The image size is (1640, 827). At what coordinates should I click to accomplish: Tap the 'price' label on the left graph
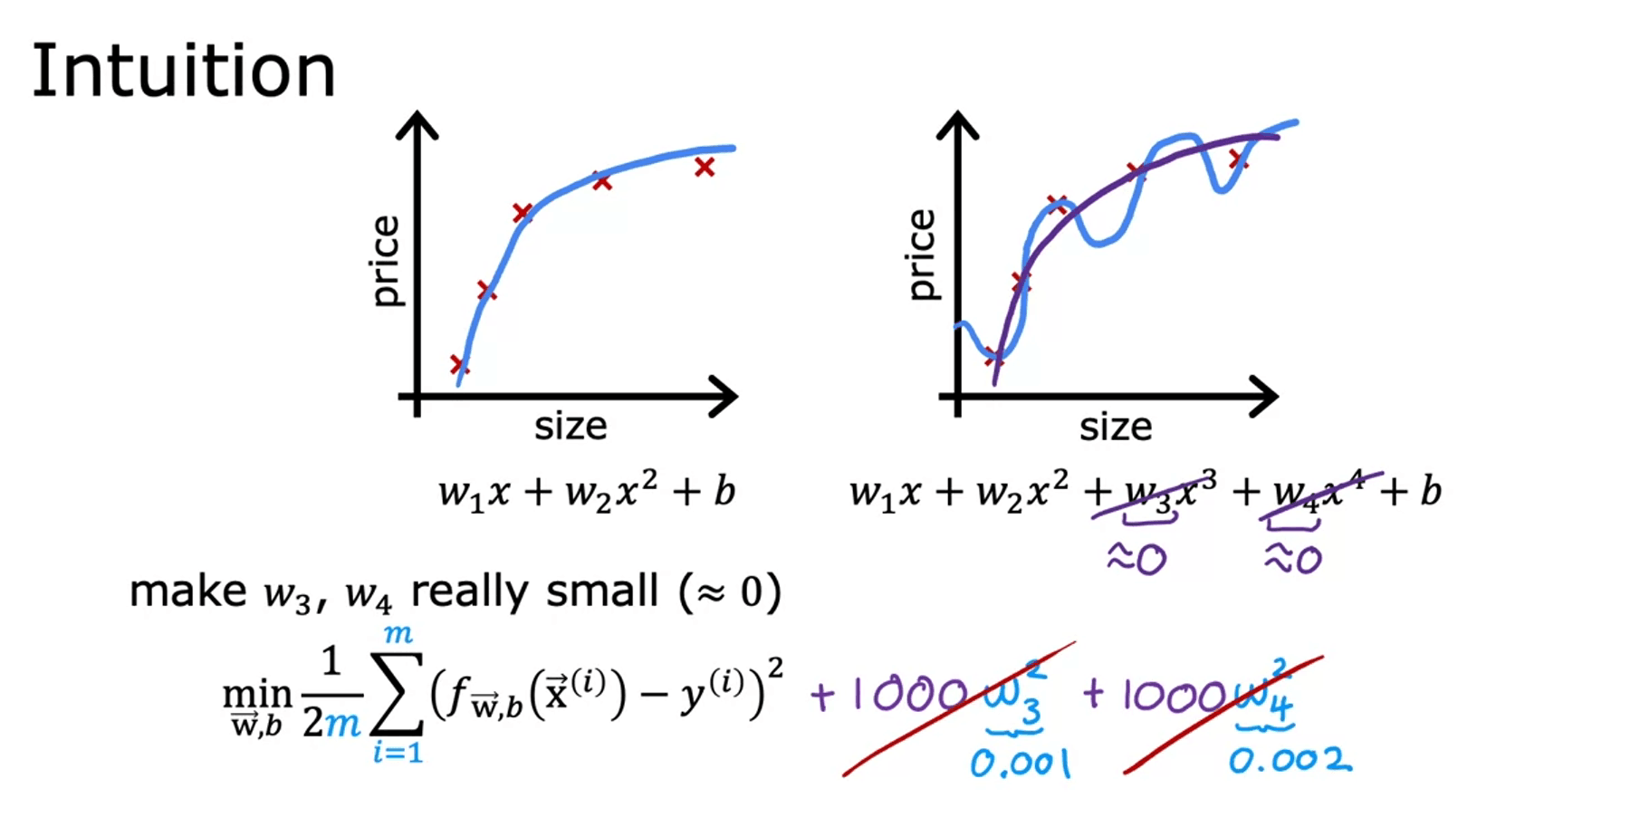click(385, 261)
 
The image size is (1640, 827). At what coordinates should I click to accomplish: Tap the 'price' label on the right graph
click(920, 255)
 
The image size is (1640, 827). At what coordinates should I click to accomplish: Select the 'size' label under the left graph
click(570, 426)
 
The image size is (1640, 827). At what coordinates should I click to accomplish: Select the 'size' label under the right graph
click(1115, 427)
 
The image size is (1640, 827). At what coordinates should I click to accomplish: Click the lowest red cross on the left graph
click(458, 365)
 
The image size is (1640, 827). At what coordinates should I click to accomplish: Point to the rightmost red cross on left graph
click(705, 167)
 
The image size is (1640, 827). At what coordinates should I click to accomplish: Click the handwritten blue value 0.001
click(1020, 764)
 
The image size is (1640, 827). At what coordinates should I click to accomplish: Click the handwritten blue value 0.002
click(1289, 761)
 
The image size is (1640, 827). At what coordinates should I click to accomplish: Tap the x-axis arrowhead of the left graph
click(724, 397)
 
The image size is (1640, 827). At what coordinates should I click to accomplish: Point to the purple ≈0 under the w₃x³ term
click(1136, 559)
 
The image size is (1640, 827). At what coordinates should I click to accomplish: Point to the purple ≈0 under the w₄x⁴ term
click(1293, 559)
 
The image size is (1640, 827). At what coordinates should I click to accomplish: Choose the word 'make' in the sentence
click(187, 591)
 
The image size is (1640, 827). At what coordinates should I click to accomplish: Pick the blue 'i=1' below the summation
click(398, 752)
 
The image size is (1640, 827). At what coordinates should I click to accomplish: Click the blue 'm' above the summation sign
click(398, 634)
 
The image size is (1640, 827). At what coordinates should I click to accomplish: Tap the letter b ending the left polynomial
click(724, 491)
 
